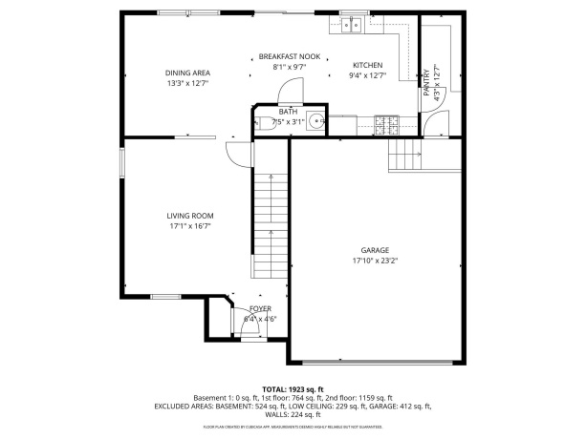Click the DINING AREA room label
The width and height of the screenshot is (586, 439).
point(188,73)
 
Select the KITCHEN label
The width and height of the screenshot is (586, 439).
point(367,65)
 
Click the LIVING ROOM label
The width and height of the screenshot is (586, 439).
point(189,216)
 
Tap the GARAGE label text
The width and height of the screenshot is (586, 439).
point(375,250)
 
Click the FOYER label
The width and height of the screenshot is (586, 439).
point(260,309)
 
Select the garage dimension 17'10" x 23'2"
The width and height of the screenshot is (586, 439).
point(375,260)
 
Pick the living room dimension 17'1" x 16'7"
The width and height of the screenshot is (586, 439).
point(189,226)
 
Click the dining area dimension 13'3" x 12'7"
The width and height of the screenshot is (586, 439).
point(188,82)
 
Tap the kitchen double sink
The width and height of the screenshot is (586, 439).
point(354,26)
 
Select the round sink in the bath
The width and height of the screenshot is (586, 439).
point(315,121)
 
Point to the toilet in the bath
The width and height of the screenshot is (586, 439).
point(260,121)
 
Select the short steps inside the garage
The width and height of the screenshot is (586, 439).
point(405,154)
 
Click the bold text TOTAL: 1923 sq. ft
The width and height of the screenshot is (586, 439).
point(293,389)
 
